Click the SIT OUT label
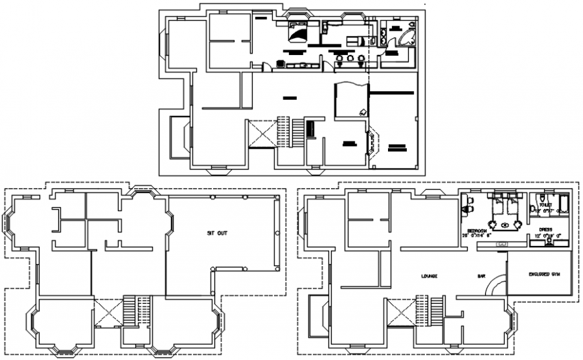click(x=217, y=233)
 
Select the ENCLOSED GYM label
click(x=543, y=274)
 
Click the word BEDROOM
click(x=474, y=229)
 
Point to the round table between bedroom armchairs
click(x=497, y=225)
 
